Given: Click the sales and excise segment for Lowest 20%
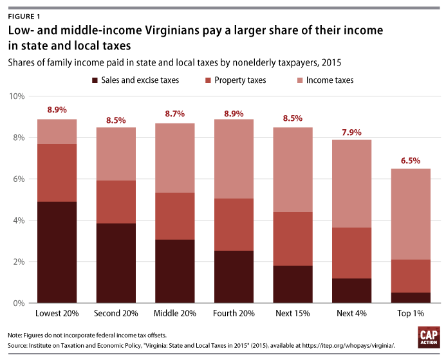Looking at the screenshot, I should click(x=57, y=252).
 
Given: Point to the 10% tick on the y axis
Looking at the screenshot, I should click(x=17, y=96).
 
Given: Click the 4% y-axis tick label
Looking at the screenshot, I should click(x=20, y=221).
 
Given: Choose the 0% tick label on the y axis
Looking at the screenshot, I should click(x=20, y=303).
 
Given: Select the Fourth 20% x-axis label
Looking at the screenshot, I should click(x=234, y=314).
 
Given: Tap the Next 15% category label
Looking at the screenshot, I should click(x=293, y=314).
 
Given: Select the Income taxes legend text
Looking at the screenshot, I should click(x=330, y=80).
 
